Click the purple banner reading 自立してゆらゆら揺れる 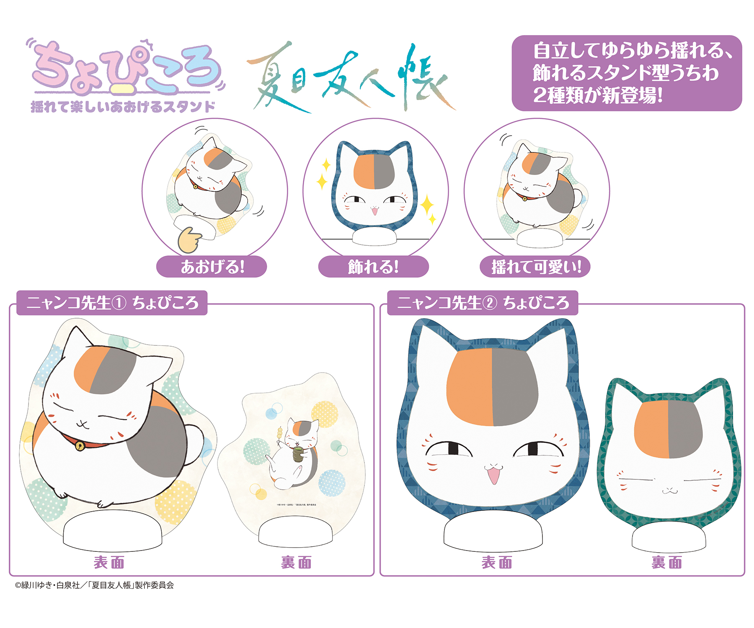click(x=626, y=73)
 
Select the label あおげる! click(x=212, y=267)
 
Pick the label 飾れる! click(x=373, y=267)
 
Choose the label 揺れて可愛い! click(x=535, y=267)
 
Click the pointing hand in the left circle click(x=188, y=240)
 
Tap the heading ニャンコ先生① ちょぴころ click(x=112, y=303)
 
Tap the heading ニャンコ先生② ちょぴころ click(x=483, y=303)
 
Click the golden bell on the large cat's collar click(x=80, y=446)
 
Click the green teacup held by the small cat click(x=298, y=453)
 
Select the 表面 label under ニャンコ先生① click(x=109, y=562)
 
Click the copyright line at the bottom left click(x=94, y=585)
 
